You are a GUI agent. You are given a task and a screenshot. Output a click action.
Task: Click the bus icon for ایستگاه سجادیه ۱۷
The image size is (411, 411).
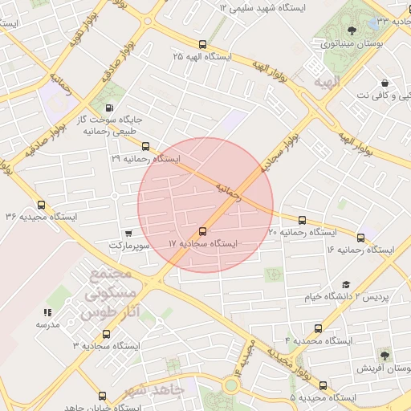[202, 231]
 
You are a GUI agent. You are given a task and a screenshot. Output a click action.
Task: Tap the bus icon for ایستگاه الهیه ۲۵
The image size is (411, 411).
[202, 45]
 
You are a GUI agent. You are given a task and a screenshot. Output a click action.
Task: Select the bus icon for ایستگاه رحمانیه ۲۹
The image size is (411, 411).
[145, 147]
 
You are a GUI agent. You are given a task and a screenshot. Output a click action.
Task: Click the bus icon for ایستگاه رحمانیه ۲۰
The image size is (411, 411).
[302, 220]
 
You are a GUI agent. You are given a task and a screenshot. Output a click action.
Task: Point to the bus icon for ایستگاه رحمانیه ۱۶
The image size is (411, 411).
[360, 238]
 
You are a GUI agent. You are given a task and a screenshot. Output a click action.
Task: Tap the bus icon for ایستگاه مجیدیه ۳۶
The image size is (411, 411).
[42, 205]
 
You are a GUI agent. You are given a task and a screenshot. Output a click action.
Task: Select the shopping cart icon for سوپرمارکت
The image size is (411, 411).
[128, 232]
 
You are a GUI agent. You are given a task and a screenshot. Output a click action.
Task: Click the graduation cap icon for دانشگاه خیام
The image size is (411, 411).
[346, 284]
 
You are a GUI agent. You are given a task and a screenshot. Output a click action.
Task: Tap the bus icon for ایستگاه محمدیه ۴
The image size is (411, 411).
[319, 328]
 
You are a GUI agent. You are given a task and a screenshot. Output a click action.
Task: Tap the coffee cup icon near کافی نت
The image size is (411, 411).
[385, 83]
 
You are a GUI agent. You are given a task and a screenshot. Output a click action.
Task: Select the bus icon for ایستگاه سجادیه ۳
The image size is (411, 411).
[106, 334]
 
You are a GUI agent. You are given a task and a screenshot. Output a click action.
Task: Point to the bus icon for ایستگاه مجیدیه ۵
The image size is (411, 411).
[323, 385]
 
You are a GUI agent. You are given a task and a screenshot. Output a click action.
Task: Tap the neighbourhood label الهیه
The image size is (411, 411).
[328, 82]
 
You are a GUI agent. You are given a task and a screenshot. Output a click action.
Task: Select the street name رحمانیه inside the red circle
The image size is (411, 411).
[228, 189]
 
